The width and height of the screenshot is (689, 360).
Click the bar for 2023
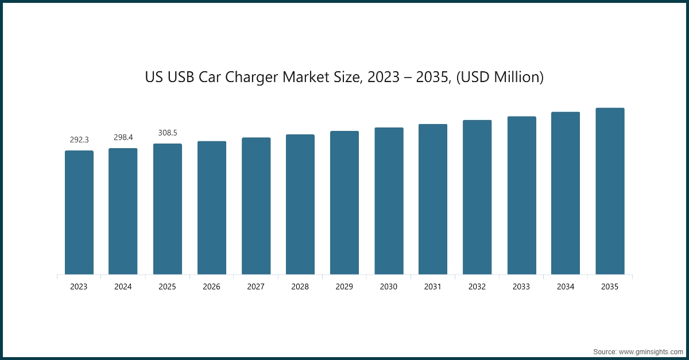[x=79, y=212]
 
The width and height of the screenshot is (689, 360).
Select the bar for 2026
[x=212, y=208]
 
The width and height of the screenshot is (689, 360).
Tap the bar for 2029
[x=344, y=203]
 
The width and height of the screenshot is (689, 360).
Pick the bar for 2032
[x=477, y=197]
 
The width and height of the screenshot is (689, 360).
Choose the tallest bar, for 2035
[x=610, y=191]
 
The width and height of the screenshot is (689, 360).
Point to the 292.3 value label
[x=79, y=140]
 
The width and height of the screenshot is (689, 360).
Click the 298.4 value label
[x=123, y=137]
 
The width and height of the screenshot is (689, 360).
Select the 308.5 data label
[x=168, y=133]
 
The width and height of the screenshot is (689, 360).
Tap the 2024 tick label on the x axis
[x=123, y=287]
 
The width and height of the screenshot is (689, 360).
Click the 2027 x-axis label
[x=256, y=287]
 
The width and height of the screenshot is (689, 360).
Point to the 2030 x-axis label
[x=389, y=287]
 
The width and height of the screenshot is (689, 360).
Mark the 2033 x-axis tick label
[x=521, y=287]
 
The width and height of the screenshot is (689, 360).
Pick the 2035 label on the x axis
[x=610, y=287]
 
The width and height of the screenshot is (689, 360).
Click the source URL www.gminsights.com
[x=651, y=351]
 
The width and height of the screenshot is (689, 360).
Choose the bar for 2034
[x=566, y=193]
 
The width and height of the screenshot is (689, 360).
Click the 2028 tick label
[x=300, y=287]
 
